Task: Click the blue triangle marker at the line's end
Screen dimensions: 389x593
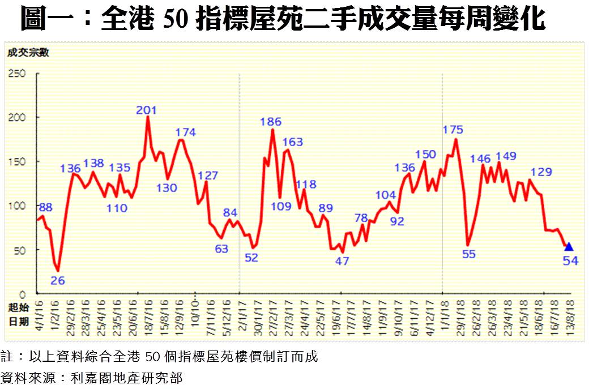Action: click(x=569, y=246)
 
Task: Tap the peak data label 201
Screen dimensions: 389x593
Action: click(x=146, y=110)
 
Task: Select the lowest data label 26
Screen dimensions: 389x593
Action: click(x=57, y=279)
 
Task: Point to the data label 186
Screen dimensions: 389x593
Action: click(x=271, y=121)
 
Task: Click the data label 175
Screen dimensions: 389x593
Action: click(x=453, y=130)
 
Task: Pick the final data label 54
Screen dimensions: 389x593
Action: click(x=570, y=261)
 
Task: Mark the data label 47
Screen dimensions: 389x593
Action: click(x=342, y=261)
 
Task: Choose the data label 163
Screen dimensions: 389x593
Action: click(x=292, y=142)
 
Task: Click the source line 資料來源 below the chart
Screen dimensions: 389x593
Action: click(x=91, y=377)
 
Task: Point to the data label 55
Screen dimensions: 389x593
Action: click(x=468, y=254)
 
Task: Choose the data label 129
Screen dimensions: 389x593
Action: click(x=541, y=172)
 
